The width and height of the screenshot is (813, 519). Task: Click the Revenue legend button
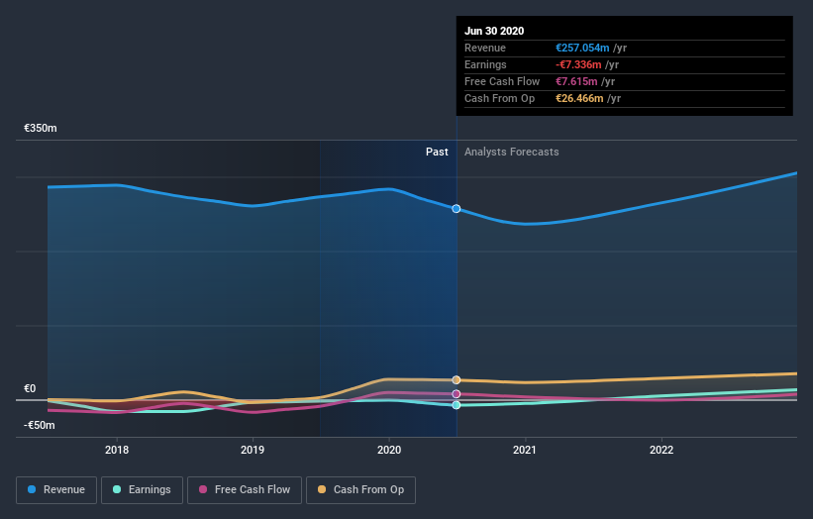[x=55, y=489]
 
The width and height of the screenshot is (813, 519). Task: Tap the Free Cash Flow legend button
[x=244, y=489]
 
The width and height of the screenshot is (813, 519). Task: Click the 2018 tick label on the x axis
[x=117, y=450]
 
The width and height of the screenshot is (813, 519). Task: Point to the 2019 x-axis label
[x=253, y=450]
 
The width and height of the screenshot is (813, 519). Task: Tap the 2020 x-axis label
[x=389, y=450]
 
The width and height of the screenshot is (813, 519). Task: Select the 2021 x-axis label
[x=525, y=450]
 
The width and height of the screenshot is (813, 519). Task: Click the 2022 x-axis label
[x=661, y=450]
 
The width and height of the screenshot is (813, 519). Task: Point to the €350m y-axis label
[x=41, y=129]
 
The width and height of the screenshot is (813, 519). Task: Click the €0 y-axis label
[x=30, y=389]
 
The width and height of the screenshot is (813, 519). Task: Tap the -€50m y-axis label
[x=41, y=426]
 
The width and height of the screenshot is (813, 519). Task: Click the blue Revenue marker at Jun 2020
[x=457, y=209]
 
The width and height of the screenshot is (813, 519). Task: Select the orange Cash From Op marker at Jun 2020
[x=457, y=380]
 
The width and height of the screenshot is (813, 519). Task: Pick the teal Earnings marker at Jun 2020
[x=457, y=405]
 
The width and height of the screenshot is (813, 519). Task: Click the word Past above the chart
[x=437, y=153]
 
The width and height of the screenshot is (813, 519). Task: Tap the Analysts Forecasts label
[x=511, y=153]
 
